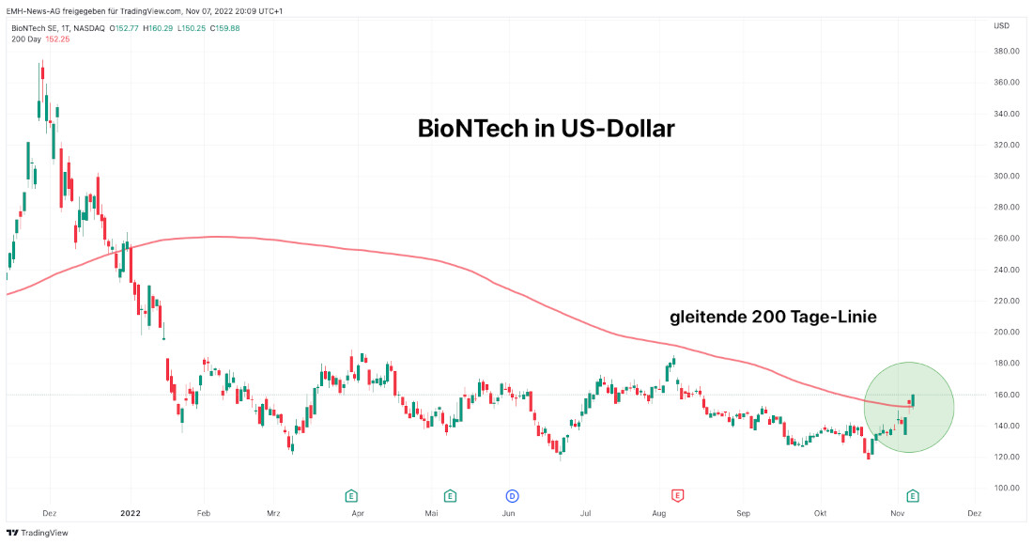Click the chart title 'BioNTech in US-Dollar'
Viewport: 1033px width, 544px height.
[x=546, y=130]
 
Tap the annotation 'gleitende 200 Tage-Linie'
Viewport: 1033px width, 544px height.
[x=773, y=318]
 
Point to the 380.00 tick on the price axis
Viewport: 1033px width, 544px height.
[x=1007, y=52]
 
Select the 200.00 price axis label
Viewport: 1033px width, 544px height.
[x=1007, y=333]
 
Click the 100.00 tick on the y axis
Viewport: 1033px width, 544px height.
[x=1007, y=489]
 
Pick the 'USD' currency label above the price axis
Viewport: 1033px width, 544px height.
[x=1001, y=25]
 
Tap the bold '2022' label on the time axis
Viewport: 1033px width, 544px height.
[x=131, y=514]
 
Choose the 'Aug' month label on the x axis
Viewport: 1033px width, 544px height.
[x=658, y=514]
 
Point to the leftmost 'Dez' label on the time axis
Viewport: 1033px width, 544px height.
[x=51, y=514]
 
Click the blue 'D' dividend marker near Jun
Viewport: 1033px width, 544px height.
[x=513, y=495]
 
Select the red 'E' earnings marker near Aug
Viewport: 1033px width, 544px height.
[x=676, y=495]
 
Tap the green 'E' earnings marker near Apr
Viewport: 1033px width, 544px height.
[x=351, y=495]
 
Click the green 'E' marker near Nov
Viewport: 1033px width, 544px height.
[x=912, y=495]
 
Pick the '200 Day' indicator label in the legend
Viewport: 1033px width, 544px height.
[x=25, y=39]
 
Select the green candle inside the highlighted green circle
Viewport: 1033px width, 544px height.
[x=913, y=401]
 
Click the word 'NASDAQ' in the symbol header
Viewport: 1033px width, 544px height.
[x=89, y=28]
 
